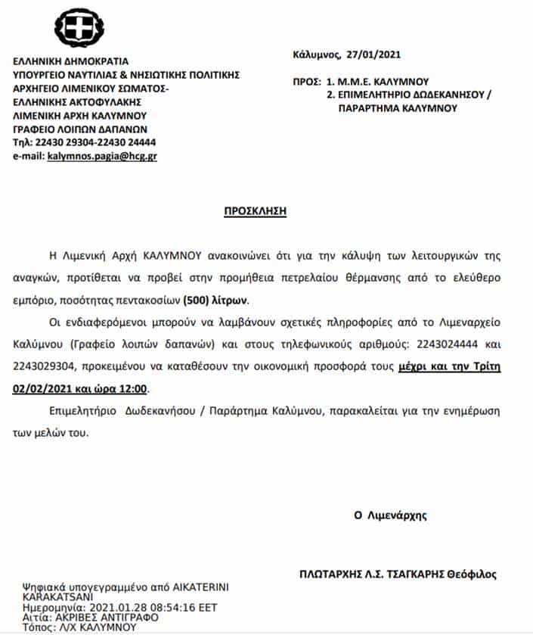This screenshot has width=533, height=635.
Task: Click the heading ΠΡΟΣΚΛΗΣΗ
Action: coord(256,211)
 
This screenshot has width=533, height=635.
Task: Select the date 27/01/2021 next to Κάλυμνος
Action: coord(373,54)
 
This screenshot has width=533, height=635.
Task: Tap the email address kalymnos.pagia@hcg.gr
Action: coord(102,156)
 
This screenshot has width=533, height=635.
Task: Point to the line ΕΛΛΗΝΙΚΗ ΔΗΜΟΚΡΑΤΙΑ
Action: coord(71,61)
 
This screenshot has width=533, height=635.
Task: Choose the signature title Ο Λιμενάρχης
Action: coord(390,515)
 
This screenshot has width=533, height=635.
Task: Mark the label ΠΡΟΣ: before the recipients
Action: coord(306,81)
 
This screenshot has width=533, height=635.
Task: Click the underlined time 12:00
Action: coord(136,389)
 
